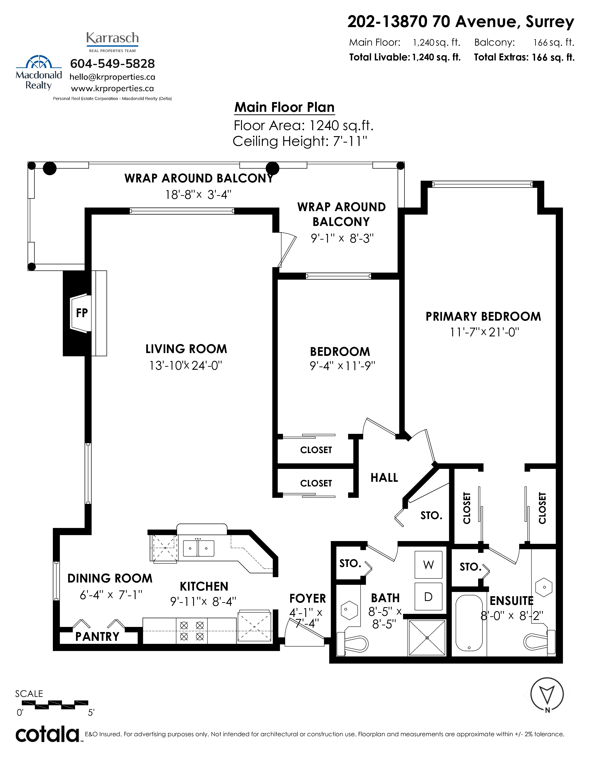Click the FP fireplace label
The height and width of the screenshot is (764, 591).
pyautogui.click(x=82, y=313)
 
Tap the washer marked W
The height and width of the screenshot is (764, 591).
pyautogui.click(x=428, y=565)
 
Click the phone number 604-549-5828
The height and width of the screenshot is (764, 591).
pyautogui.click(x=112, y=64)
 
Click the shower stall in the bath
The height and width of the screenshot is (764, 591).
pyautogui.click(x=427, y=637)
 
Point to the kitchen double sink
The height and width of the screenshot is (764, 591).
pyautogui.click(x=198, y=548)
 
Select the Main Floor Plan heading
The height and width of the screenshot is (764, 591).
pyautogui.click(x=285, y=107)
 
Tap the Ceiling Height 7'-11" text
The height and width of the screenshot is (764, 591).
pyautogui.click(x=300, y=141)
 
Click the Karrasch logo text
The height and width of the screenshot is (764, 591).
pyautogui.click(x=112, y=38)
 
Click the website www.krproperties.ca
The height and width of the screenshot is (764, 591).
pyautogui.click(x=112, y=88)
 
